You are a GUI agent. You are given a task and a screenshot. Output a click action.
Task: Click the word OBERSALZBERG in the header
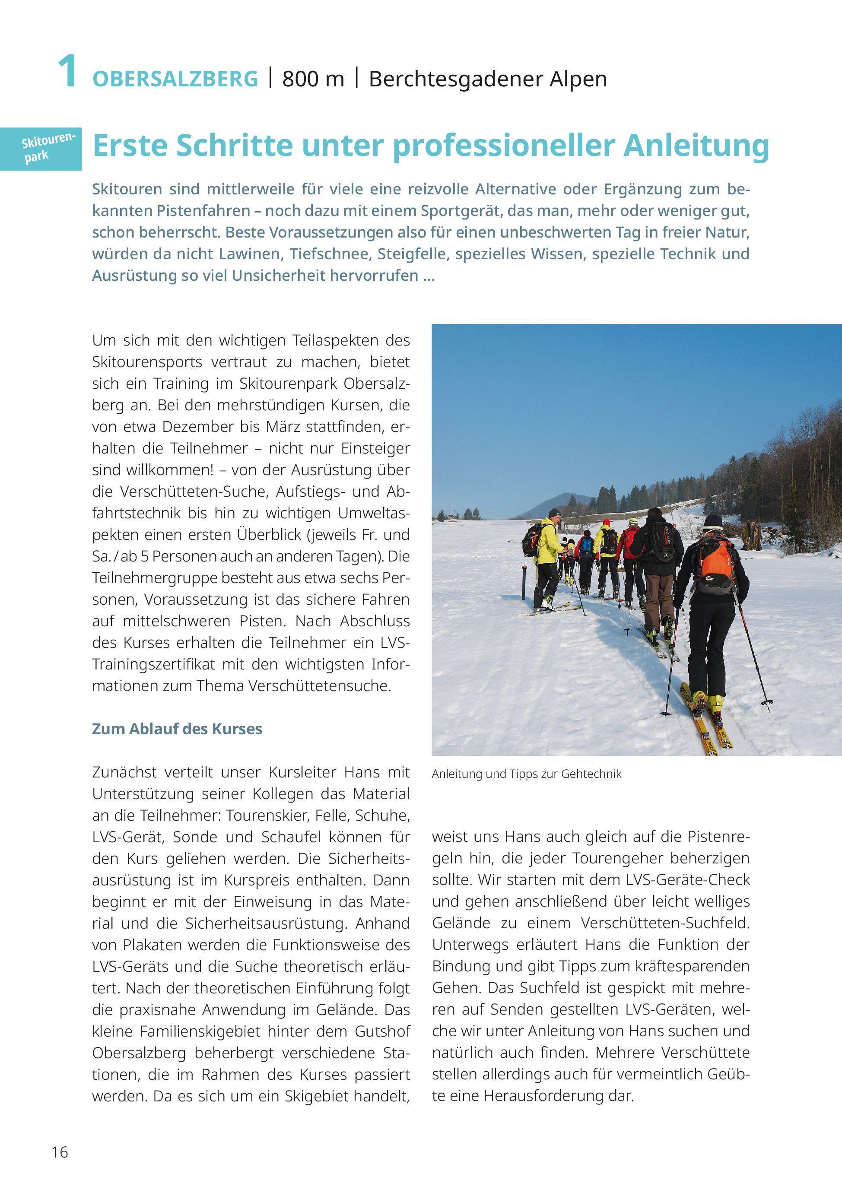click(175, 79)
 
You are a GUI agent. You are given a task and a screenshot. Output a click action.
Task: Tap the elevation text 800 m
click(313, 79)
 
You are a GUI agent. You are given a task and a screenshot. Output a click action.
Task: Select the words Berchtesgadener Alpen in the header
click(488, 79)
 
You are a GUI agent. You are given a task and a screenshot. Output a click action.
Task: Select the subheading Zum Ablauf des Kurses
click(177, 729)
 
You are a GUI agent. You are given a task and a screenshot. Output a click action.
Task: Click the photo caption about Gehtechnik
click(527, 774)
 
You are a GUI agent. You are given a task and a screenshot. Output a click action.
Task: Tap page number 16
click(60, 1152)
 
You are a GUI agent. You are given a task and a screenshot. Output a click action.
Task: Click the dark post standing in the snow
click(524, 582)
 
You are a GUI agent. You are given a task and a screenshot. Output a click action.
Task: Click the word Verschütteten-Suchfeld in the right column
click(665, 923)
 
